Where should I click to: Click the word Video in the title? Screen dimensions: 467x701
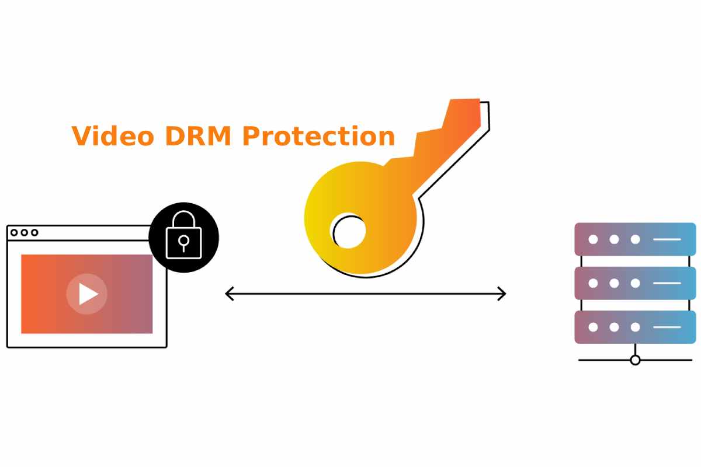(113, 136)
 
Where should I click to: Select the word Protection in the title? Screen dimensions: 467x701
(318, 136)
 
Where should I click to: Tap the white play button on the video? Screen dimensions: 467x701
(87, 294)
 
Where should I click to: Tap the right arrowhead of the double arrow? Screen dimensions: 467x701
(502, 294)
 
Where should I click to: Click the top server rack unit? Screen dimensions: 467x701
(635, 239)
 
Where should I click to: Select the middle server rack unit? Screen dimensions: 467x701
(635, 283)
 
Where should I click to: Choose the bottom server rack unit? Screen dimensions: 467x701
(635, 327)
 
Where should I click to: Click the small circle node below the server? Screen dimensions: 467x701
(635, 360)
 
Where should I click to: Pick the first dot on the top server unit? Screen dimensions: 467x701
(593, 239)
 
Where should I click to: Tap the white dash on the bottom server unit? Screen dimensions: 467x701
(667, 327)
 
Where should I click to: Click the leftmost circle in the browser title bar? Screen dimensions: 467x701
(14, 232)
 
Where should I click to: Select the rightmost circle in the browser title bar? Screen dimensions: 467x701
(34, 232)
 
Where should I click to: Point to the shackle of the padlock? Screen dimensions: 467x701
(183, 219)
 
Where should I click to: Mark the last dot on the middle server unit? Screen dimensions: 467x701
(635, 283)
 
